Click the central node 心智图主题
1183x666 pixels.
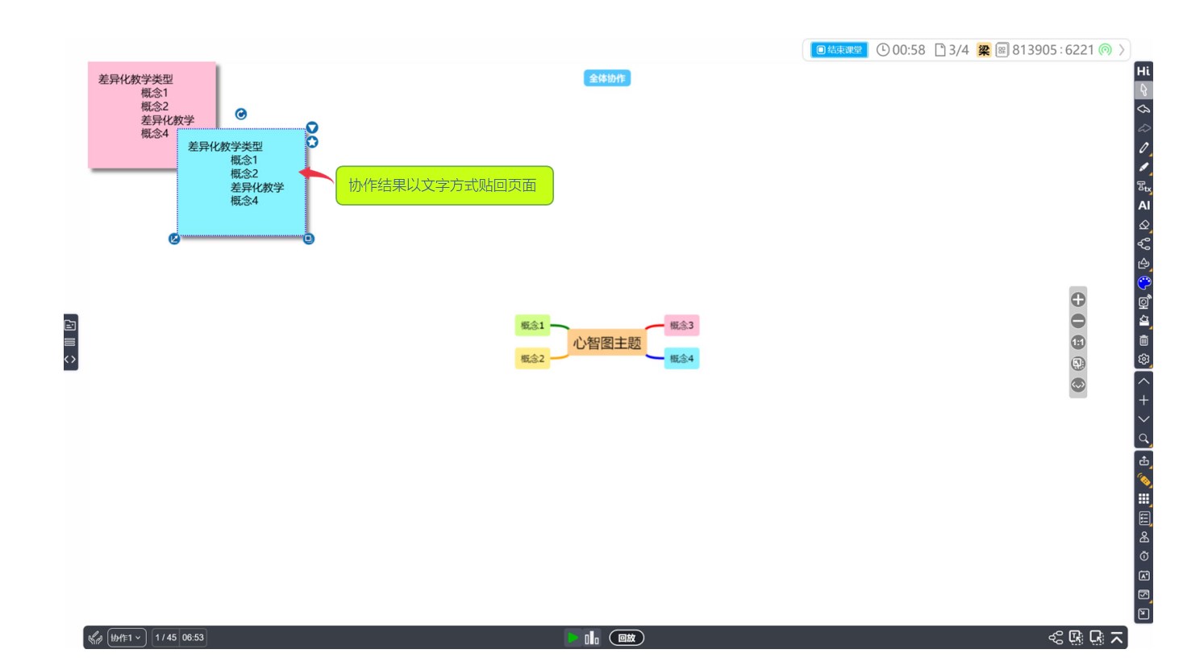[x=606, y=343]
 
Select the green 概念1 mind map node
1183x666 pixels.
[x=532, y=326]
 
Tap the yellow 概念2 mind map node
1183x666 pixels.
[x=532, y=358]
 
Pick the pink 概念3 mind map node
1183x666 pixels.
[x=681, y=326]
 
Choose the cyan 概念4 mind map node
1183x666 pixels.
[x=681, y=358]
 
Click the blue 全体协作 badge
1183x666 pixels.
[x=606, y=78]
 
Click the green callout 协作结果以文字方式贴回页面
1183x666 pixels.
[x=444, y=185]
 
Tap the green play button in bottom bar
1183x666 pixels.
[x=573, y=638]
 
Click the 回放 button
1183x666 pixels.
[x=627, y=638]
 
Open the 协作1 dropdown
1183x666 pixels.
[x=127, y=638]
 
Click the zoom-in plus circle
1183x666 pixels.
[x=1078, y=300]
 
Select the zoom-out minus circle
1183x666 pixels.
[x=1078, y=321]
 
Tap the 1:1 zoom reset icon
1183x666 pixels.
[x=1078, y=343]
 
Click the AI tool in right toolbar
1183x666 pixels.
[x=1143, y=206]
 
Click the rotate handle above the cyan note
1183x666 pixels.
[x=241, y=114]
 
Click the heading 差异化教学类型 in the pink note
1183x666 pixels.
[x=135, y=79]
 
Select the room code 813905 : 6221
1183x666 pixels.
[x=1052, y=50]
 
